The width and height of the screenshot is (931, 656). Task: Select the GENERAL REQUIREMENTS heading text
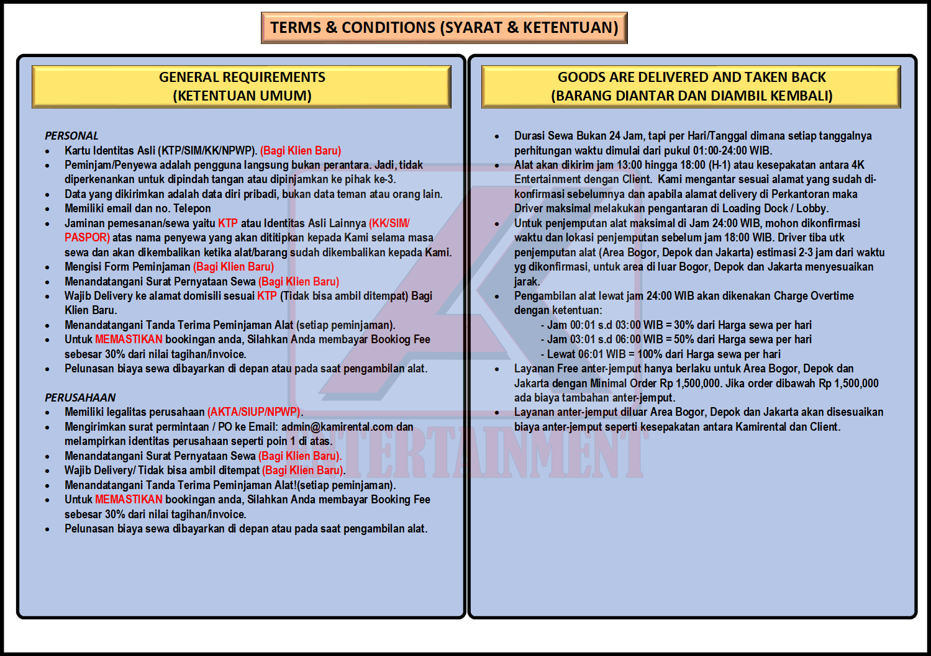click(242, 78)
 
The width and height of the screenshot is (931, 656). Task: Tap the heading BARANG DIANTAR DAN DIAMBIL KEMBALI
click(692, 96)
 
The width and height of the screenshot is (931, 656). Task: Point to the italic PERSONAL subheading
click(71, 136)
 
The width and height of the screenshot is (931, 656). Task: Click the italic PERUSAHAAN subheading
click(80, 398)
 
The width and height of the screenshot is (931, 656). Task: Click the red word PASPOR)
click(87, 238)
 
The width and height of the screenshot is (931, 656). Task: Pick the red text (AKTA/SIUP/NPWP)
click(254, 412)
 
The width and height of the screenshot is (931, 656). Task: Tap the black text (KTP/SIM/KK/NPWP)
click(207, 151)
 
